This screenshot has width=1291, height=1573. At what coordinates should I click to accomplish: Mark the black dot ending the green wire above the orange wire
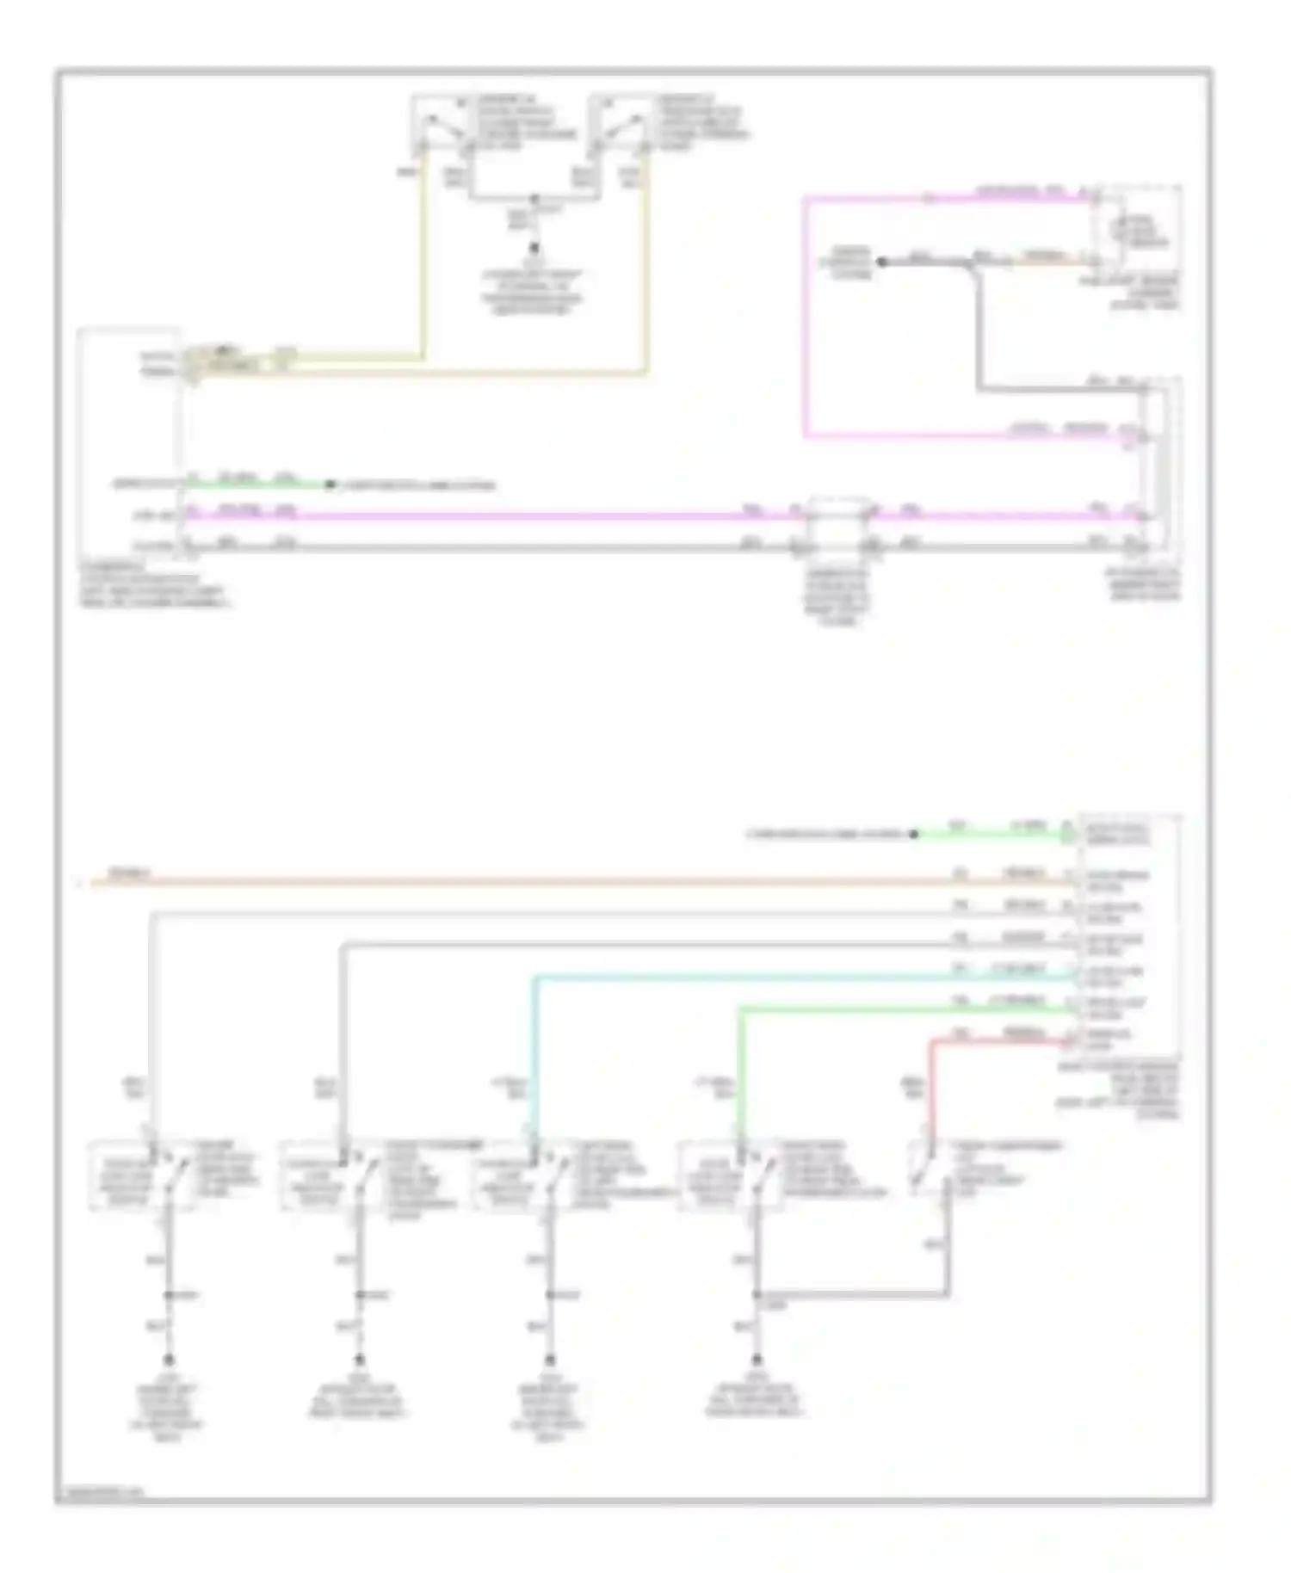pos(914,834)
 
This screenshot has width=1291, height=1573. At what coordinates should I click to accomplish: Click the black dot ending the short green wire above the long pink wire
pos(330,485)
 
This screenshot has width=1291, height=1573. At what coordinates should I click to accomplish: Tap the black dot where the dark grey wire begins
pos(881,262)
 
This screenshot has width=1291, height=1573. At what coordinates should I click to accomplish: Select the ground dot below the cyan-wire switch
pos(552,1360)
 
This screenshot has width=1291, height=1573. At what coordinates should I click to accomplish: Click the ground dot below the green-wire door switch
pos(757,1360)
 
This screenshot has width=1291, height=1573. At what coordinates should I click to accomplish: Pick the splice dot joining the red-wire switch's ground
pos(757,1294)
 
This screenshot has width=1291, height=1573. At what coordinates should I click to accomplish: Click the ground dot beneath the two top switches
pos(534,247)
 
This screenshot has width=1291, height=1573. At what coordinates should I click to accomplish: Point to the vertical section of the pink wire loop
pos(806,318)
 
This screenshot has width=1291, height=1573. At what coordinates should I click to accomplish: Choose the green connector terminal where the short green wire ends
pos(1067,833)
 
